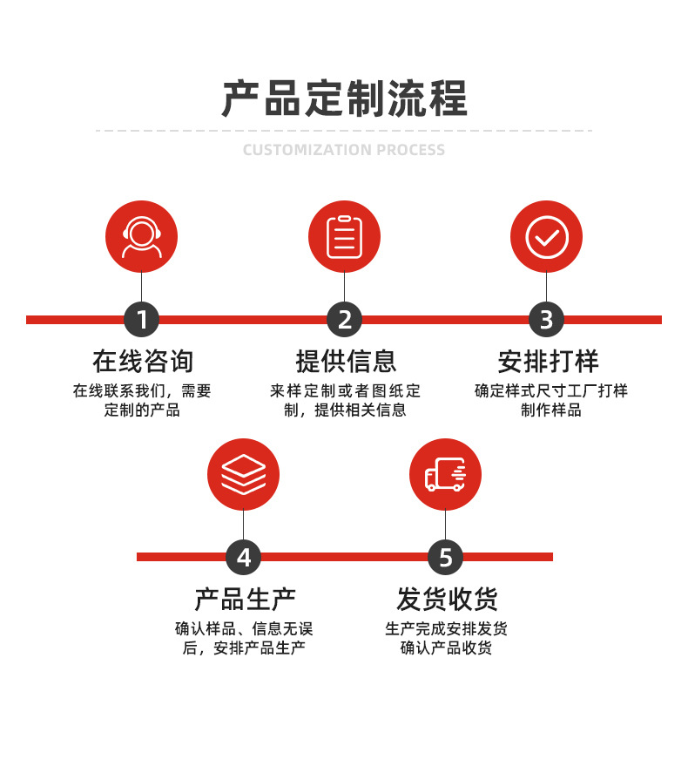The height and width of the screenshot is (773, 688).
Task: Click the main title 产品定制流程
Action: coord(344,98)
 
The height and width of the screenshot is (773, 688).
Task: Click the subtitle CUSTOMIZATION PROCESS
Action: coord(344,150)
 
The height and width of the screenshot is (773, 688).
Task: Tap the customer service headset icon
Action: coord(141,236)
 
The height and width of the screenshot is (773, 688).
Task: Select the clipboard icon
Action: coord(344,236)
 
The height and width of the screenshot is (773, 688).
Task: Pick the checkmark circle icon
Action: coord(546,236)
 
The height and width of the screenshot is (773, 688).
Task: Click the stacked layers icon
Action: coord(243,474)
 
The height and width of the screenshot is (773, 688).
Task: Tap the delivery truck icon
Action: coord(445,474)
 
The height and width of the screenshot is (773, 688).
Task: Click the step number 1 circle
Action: coord(141,320)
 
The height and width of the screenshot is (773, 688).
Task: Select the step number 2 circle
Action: coord(344,320)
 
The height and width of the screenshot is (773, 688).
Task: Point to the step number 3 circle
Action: coord(546,320)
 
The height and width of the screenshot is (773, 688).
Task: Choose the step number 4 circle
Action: coord(243,557)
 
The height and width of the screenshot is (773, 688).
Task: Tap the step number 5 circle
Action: coord(445,557)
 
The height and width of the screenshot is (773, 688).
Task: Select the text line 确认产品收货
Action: coord(446,648)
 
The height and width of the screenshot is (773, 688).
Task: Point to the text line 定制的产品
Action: coord(142,410)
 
